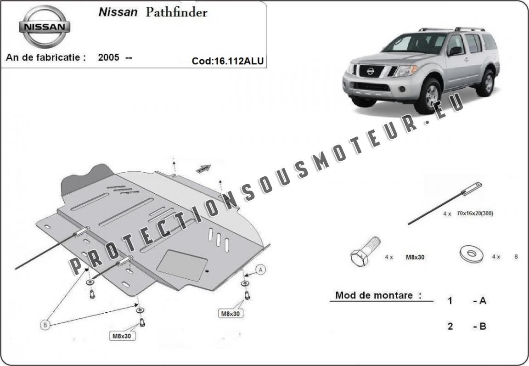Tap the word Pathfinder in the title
click(176, 12)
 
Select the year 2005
click(108, 57)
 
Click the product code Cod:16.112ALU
click(227, 61)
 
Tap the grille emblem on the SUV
click(371, 71)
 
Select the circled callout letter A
click(260, 270)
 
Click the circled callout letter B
click(45, 325)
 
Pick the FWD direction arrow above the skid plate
click(203, 169)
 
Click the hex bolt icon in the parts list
click(366, 251)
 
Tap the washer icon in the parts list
click(471, 253)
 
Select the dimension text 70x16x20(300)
click(475, 213)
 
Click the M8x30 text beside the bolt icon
click(415, 257)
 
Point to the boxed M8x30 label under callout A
click(231, 313)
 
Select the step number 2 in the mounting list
click(450, 326)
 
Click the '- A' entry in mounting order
click(480, 300)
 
